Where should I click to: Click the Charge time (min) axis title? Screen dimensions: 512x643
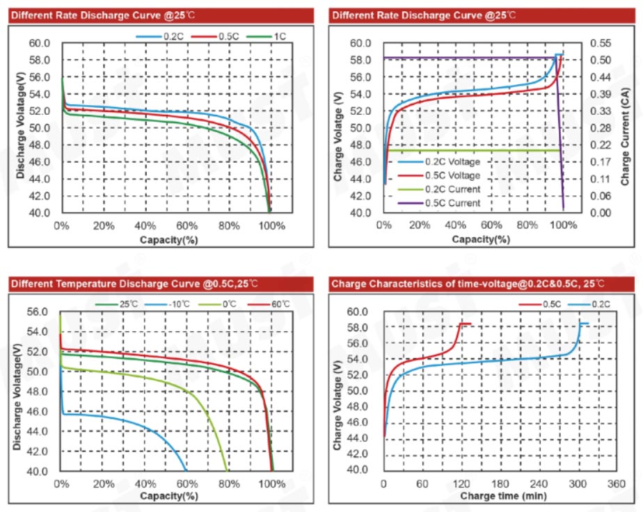[502, 496]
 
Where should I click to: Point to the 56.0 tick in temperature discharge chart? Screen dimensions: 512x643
[37, 312]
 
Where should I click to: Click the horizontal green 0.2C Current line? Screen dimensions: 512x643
[473, 150]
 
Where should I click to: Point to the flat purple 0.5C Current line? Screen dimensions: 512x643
[473, 58]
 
